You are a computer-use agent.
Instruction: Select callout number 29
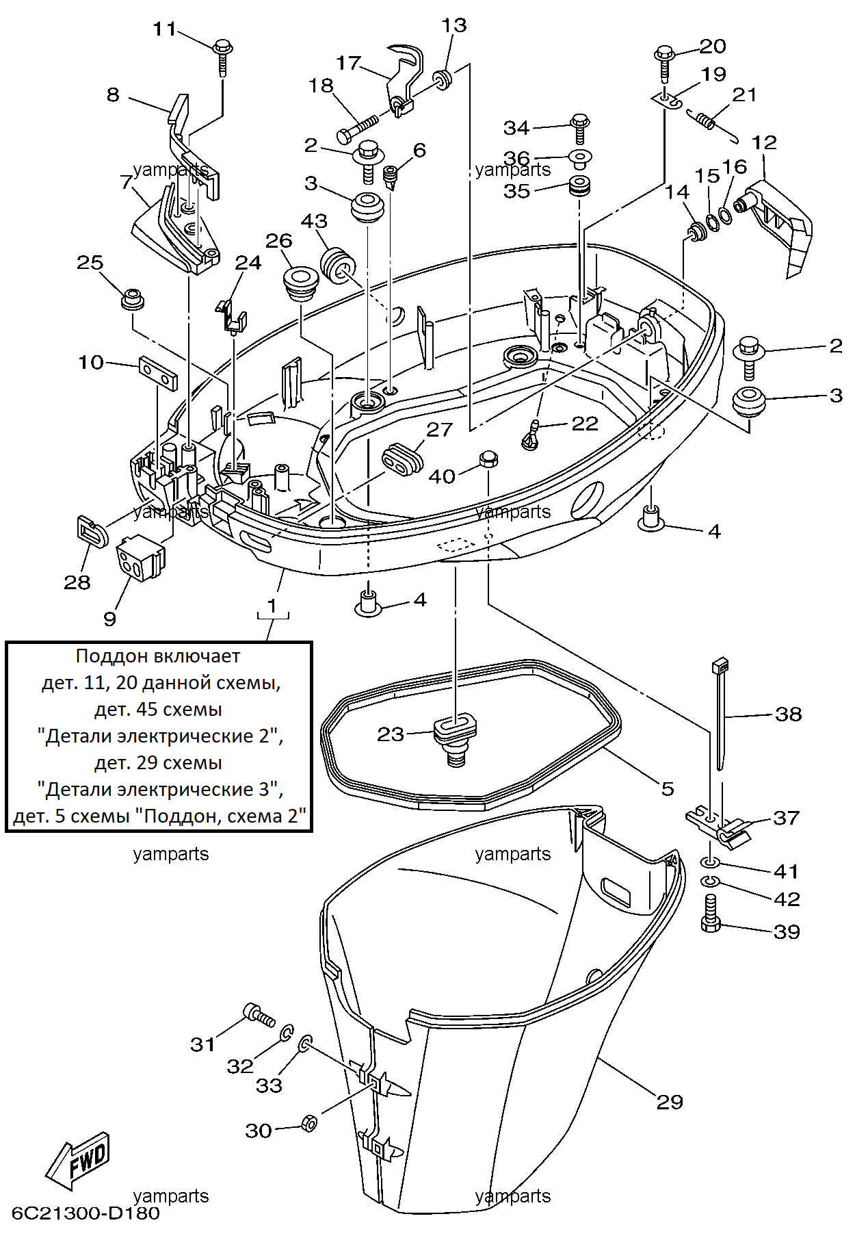[x=670, y=1102]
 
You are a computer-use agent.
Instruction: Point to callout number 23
[x=391, y=734]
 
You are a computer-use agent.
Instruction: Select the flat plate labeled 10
[x=158, y=369]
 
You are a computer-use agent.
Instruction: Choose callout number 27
[x=440, y=429]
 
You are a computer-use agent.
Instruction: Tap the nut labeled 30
[x=308, y=1123]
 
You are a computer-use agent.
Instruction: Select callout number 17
[x=348, y=63]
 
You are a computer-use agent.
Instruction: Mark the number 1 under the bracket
[x=272, y=606]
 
